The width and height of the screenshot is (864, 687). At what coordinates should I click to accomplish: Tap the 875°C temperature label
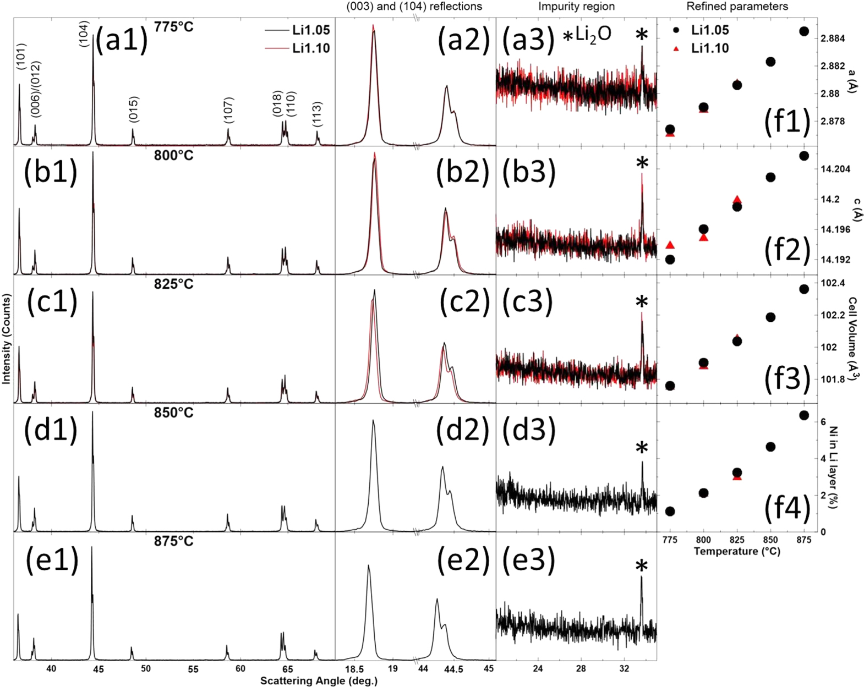(174, 541)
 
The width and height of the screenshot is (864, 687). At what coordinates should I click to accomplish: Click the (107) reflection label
(229, 110)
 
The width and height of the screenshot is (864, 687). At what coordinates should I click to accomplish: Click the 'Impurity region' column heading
(576, 7)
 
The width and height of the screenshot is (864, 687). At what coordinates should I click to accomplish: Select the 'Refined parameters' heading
(737, 7)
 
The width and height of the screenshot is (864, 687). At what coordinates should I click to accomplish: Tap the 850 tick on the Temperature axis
(770, 540)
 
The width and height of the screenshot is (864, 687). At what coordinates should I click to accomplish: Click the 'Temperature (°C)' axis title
(737, 551)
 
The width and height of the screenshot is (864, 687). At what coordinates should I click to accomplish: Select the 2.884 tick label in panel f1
(832, 39)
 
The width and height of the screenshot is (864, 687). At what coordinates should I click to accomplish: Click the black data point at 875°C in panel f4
(804, 415)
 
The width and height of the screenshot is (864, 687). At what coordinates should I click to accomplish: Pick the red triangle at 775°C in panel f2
(670, 245)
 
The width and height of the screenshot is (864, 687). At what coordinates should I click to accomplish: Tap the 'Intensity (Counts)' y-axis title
(7, 338)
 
